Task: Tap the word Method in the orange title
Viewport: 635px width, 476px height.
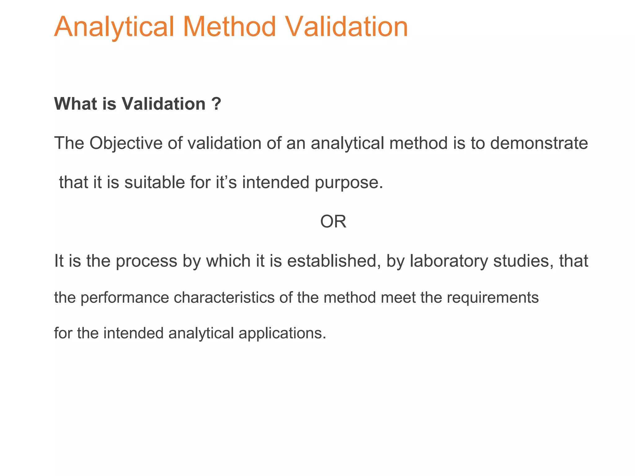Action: tap(229, 27)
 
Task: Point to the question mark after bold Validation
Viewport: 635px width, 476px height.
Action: tap(217, 104)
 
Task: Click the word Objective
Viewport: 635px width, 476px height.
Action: tap(126, 143)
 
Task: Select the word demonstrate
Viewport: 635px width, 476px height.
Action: tap(539, 143)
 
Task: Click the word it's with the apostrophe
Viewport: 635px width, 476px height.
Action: tap(226, 182)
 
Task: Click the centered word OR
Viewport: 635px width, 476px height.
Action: tap(333, 222)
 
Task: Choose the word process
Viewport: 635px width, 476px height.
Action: tap(146, 261)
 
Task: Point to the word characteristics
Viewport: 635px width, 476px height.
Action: tap(224, 297)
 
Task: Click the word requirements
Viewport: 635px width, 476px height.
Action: tap(493, 298)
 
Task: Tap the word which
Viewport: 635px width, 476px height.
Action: tap(229, 261)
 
